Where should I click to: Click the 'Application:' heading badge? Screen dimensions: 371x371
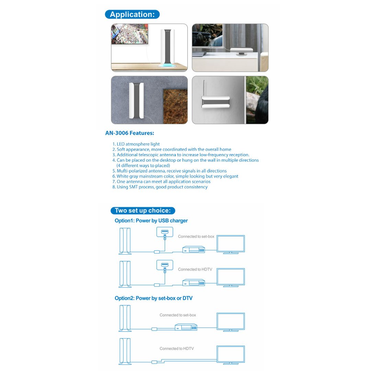pyautogui.click(x=132, y=14)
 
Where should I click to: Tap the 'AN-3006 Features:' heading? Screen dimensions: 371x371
pyautogui.click(x=130, y=133)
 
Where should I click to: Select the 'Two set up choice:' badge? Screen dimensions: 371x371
pyautogui.click(x=143, y=211)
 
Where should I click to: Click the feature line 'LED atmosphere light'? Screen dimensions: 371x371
pyautogui.click(x=136, y=144)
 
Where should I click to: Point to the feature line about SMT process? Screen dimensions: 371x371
pyautogui.click(x=160, y=187)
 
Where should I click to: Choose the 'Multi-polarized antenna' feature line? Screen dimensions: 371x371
pyautogui.click(x=170, y=171)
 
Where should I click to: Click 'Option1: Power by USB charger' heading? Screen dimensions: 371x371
pyautogui.click(x=151, y=221)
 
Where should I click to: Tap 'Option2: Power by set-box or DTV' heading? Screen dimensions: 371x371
pyautogui.click(x=154, y=298)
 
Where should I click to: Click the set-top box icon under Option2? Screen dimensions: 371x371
pyautogui.click(x=186, y=327)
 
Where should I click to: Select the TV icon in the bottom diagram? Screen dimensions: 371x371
pyautogui.click(x=230, y=355)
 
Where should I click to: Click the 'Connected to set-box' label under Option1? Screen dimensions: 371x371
pyautogui.click(x=196, y=237)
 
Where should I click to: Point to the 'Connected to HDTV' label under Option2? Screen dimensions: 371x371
pyautogui.click(x=177, y=349)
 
